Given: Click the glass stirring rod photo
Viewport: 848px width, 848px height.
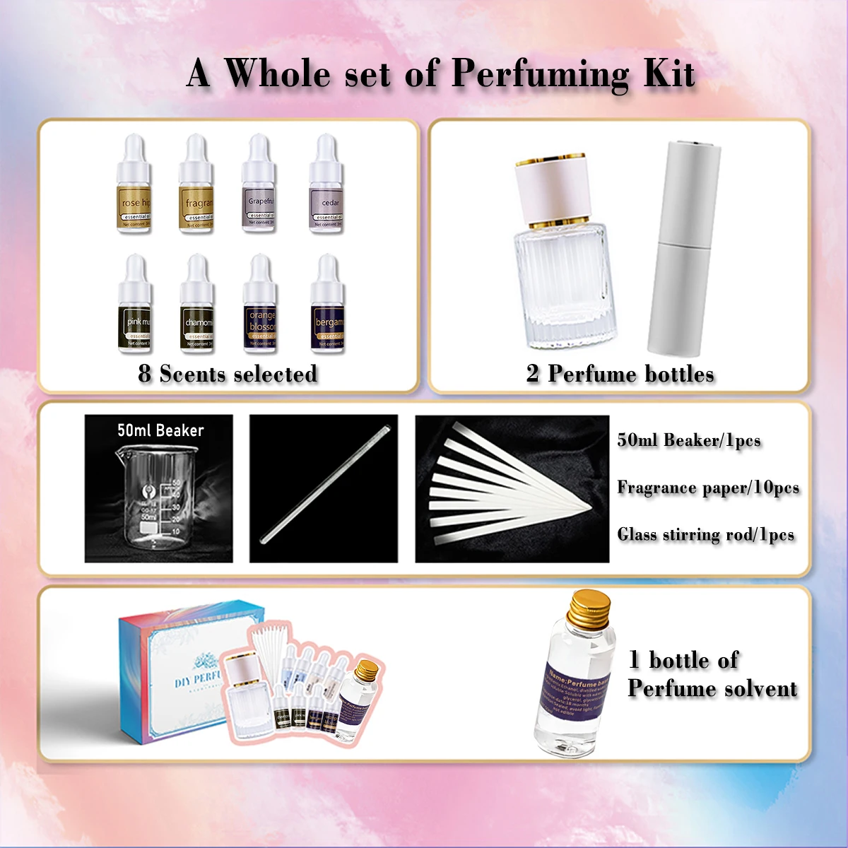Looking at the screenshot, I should pos(324,488).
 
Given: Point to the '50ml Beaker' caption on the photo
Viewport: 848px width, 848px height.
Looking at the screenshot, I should pos(160,430).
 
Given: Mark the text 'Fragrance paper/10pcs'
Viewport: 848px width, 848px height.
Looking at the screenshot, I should pos(708,488).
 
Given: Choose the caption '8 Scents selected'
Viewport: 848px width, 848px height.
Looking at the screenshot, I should pos(228,374).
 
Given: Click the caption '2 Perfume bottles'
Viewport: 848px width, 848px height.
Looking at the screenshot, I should pos(620,374).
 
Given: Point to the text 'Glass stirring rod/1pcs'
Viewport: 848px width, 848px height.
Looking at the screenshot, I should pos(705,534).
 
